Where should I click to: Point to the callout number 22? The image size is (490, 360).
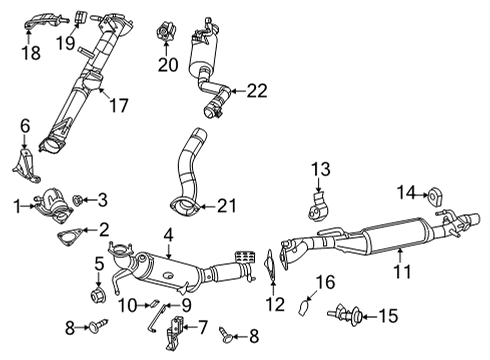[257, 91]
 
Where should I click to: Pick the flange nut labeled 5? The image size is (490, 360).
[100, 296]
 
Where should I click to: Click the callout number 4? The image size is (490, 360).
[168, 236]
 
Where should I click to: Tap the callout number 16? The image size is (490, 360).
[324, 283]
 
